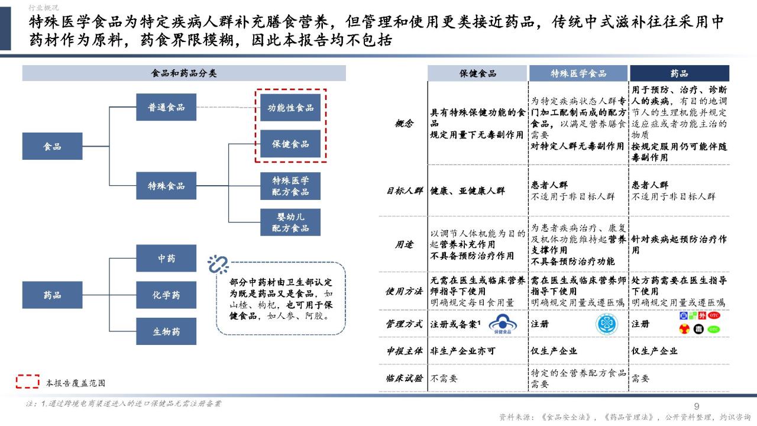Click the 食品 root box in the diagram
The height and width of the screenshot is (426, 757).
pos(53,146)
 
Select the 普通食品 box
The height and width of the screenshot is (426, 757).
pos(166,107)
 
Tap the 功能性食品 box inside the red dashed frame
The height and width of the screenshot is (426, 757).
pos(290,108)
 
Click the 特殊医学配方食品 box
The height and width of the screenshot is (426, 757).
pos(290,186)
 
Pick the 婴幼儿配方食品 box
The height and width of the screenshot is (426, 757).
pos(290,222)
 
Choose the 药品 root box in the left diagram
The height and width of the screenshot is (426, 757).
pos(53,295)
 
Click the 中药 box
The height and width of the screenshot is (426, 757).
pos(166,259)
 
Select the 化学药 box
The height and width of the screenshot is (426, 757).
pos(166,295)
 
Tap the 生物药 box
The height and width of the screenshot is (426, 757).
pos(166,331)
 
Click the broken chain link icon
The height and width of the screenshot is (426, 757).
pos(218,264)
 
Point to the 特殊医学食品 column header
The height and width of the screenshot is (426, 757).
pos(578,73)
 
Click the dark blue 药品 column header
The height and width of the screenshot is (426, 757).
pos(679,73)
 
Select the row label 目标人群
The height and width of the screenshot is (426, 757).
pos(404,191)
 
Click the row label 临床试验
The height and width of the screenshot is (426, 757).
pos(404,378)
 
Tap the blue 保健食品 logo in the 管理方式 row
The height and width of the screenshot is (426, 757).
pos(503,324)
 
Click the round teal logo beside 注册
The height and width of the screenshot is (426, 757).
pos(607,324)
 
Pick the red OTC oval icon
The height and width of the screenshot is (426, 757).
pos(714,315)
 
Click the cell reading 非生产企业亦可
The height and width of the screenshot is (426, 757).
pos(462,351)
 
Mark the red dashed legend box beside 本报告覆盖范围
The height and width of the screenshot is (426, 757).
pos(28,382)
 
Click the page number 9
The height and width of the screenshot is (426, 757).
pos(697,406)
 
